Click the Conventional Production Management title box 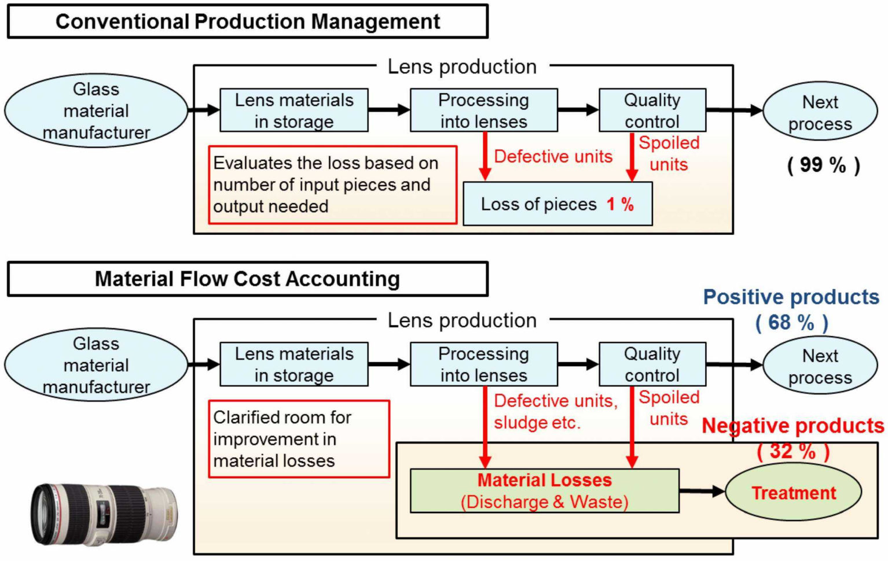(247, 21)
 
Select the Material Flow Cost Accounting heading (247, 279)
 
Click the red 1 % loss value (620, 204)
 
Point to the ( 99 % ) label (823, 165)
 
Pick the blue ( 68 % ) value (791, 322)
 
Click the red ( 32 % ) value (792, 451)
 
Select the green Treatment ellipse (793, 493)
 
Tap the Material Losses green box (544, 490)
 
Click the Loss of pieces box (557, 204)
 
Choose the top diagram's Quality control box (652, 110)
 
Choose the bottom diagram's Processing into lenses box (483, 364)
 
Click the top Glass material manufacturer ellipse (96, 110)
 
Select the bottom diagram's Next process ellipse (820, 366)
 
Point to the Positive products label (791, 297)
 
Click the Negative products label (792, 426)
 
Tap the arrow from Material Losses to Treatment (702, 492)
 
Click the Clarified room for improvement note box (299, 439)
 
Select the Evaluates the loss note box (332, 184)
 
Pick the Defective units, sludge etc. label (555, 411)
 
